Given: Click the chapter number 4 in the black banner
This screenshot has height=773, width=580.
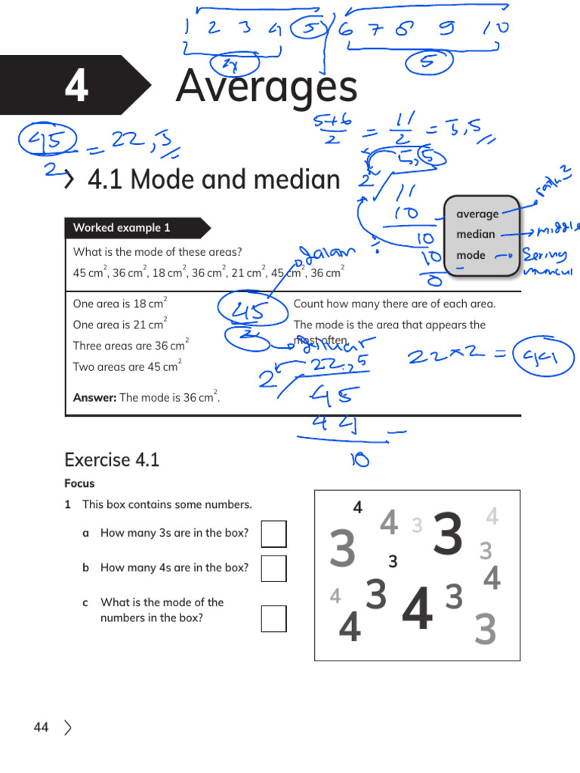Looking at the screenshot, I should click(76, 86).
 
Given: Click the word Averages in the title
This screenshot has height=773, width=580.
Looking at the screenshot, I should click(266, 86).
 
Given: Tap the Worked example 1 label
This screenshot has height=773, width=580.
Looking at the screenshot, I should click(122, 228).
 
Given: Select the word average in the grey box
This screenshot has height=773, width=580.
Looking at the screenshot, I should click(477, 214).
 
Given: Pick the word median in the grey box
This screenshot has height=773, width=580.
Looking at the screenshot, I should click(476, 234).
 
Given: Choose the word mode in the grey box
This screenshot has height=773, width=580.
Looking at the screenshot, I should click(470, 255).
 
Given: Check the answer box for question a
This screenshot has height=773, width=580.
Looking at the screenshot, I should click(273, 534).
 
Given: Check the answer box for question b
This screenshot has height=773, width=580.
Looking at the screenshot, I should click(273, 568).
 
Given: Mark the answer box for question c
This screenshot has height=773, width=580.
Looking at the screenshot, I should click(273, 618).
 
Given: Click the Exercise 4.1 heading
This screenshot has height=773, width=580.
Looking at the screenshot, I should click(112, 460).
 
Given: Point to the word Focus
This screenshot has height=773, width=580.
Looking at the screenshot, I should click(79, 484).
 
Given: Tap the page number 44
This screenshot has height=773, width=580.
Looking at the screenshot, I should click(41, 727).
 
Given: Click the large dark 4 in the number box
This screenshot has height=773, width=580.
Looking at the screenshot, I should click(418, 610).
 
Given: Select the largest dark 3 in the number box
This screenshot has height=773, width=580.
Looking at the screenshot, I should click(448, 536).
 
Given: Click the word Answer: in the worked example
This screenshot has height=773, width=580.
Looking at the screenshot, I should click(94, 398).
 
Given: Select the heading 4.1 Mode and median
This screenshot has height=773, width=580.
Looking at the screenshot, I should click(214, 180).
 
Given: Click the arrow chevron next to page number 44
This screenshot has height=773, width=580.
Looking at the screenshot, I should click(69, 728).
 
